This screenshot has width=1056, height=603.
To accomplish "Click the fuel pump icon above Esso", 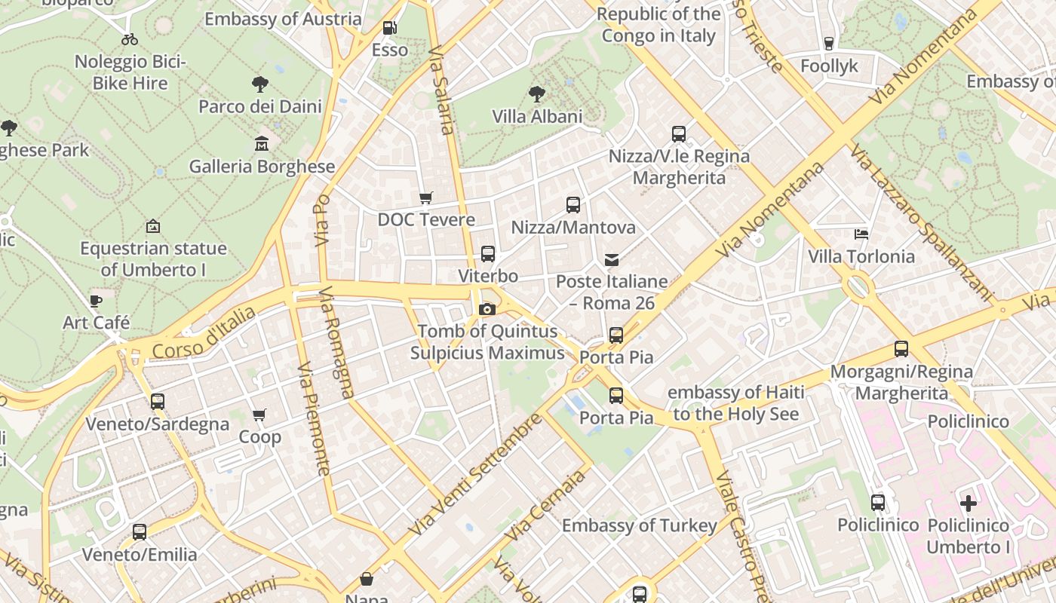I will point(389,28).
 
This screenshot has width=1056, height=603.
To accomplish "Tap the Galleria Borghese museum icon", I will point(262,143).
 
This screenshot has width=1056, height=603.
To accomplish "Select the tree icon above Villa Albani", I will point(537,94).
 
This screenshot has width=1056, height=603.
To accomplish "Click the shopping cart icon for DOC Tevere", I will point(426,198).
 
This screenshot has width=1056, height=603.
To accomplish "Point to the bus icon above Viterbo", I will point(488,254).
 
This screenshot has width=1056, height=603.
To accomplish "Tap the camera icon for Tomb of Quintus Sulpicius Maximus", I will point(487,309).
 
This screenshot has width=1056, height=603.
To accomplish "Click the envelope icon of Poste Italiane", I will point(612,260).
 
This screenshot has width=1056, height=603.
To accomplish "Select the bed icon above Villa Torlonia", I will point(861,234).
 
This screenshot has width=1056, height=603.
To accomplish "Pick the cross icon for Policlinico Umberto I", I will point(969,503).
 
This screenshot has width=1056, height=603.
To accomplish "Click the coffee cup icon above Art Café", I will point(96,301).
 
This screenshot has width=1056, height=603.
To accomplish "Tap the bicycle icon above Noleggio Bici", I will point(130,39).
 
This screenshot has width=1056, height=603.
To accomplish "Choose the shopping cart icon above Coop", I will point(259,415).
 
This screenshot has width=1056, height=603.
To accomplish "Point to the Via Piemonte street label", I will point(315,419).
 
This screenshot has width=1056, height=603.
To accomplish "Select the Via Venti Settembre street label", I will point(475,476).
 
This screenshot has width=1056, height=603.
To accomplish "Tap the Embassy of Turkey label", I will point(640,525).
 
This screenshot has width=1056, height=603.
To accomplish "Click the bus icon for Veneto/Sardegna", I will point(158,402).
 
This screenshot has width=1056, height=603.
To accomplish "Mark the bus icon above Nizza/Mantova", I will point(573,205).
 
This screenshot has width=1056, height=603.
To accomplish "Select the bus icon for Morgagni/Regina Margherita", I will point(901,349).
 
